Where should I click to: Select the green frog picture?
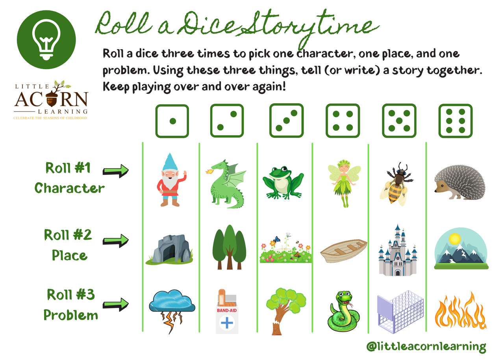tap(283, 181)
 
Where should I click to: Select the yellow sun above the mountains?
tap(455, 239)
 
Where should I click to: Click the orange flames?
tap(460, 311)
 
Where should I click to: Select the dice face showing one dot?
tap(172, 121)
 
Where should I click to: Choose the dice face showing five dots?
tap(399, 121)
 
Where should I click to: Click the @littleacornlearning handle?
tap(426, 346)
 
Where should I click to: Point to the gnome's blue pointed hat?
tap(170, 161)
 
